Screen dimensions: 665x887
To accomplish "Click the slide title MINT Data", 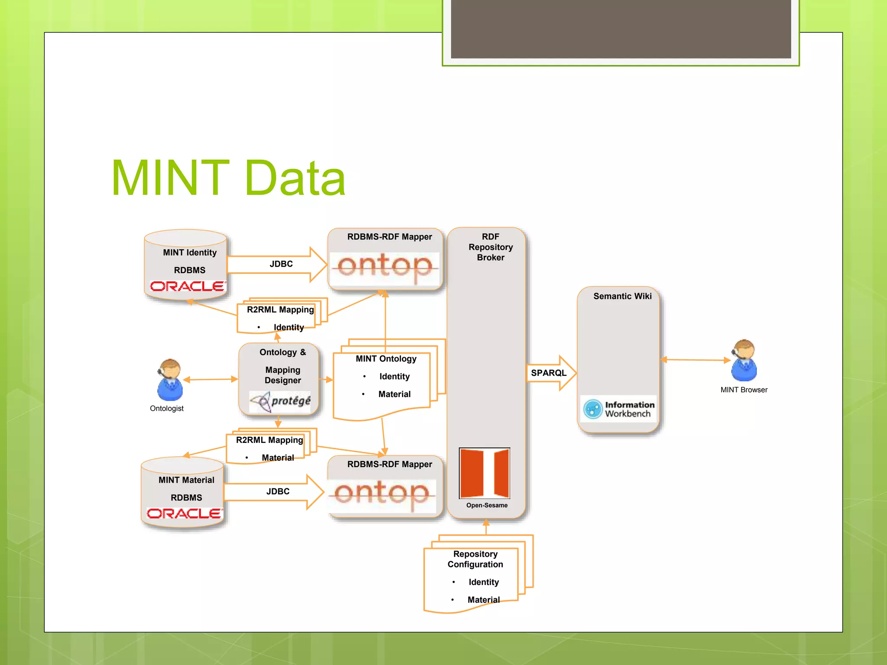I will [228, 178].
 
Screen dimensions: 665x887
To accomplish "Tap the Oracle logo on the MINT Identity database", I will [188, 286].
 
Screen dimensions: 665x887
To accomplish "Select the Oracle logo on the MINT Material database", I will [185, 513].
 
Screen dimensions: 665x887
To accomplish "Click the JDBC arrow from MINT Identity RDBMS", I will [277, 264].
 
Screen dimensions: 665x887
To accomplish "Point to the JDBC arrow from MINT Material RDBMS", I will [274, 491].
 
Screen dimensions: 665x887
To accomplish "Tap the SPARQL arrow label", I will [548, 373].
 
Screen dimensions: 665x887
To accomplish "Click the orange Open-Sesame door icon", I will [484, 473].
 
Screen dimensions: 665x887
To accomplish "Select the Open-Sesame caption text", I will [487, 505].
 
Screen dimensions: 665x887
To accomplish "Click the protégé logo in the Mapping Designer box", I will [280, 401].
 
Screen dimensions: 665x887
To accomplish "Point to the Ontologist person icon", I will [170, 380].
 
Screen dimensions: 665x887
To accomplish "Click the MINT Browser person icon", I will [744, 360].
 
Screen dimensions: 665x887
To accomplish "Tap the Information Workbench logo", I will [619, 409].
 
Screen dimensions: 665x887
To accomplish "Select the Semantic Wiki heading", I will [622, 296].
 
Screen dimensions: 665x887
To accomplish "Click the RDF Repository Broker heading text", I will [490, 247].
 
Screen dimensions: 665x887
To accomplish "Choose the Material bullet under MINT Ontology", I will [394, 394].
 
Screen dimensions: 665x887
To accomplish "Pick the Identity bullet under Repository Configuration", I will [483, 582].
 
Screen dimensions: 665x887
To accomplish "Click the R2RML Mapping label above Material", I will [269, 440].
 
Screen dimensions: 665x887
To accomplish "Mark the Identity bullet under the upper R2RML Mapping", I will [288, 327].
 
